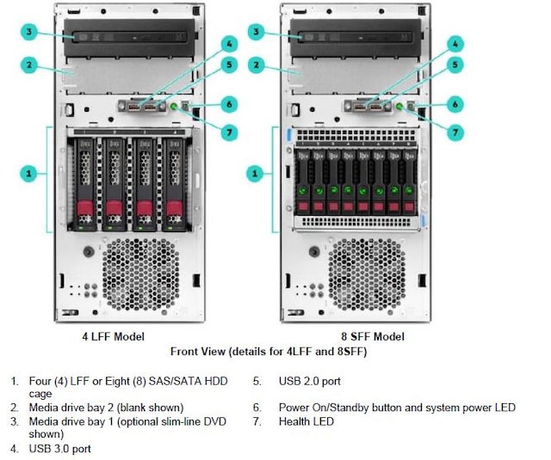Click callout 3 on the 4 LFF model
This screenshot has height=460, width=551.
click(29, 33)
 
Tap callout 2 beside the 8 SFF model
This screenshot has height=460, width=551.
click(255, 64)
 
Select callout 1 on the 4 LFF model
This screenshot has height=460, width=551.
click(29, 175)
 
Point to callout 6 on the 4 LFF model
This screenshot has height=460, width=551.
click(229, 104)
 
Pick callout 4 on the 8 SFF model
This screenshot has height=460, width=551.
click(457, 42)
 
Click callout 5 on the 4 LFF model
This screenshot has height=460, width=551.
click(229, 64)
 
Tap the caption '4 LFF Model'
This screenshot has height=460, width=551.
click(107, 337)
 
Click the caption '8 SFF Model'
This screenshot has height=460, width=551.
click(372, 337)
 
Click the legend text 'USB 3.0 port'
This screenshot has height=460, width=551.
click(61, 449)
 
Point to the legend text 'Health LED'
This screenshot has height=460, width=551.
click(306, 421)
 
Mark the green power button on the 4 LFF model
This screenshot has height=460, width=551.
click(176, 106)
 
